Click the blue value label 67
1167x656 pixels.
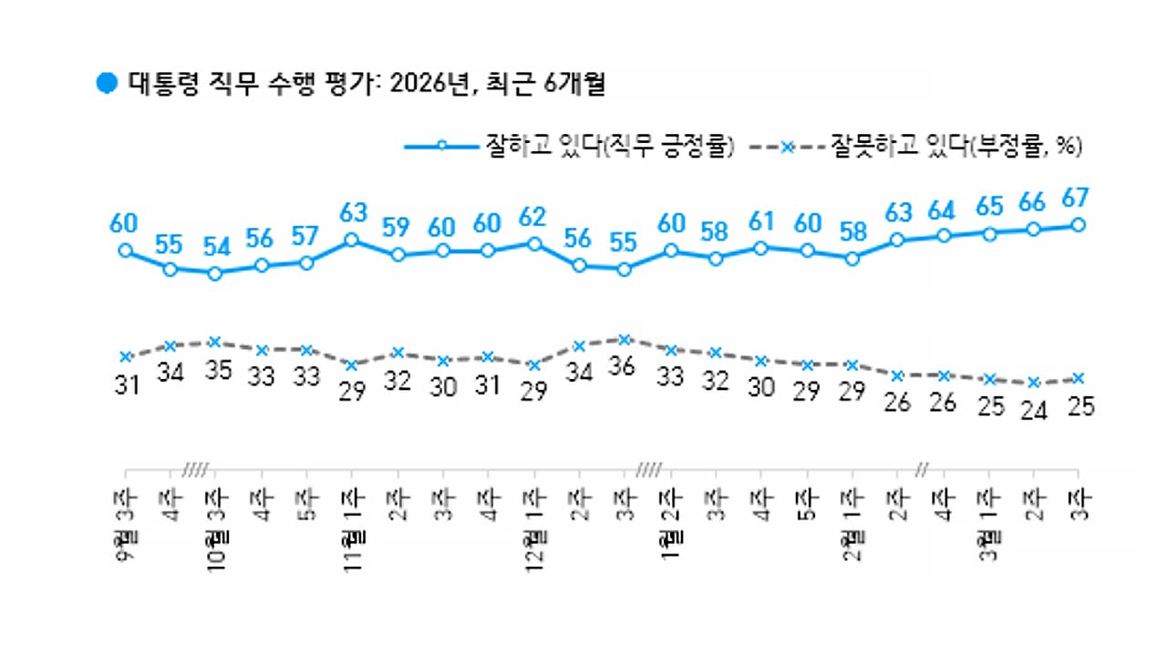tap(1078, 198)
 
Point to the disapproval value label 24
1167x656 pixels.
tap(1033, 410)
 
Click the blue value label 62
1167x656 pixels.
tap(533, 219)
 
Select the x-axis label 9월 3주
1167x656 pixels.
tap(126, 524)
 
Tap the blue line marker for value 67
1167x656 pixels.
tap(1078, 225)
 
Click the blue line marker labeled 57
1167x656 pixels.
tap(306, 262)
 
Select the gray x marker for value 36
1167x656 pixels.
tap(625, 340)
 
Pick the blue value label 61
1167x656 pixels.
tap(760, 222)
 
